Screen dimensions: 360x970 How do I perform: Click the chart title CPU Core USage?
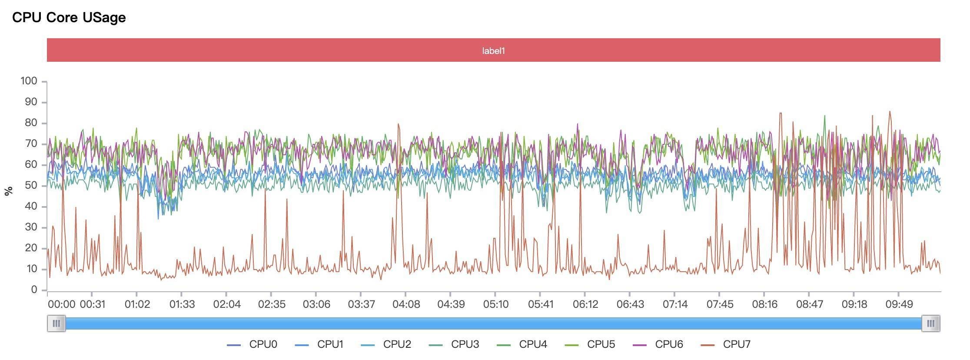[69, 17]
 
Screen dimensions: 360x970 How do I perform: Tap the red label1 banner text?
[493, 50]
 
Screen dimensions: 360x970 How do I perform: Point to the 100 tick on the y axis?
[29, 81]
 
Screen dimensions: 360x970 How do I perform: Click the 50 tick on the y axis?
[31, 186]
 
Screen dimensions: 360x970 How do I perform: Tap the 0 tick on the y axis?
[34, 290]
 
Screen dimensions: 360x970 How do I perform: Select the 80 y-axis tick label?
[31, 123]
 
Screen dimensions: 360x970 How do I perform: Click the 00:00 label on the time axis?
[61, 304]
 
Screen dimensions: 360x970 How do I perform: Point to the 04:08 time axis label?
[406, 304]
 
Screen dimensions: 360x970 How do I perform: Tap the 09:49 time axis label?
[899, 304]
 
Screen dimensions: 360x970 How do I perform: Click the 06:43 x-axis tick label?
[630, 304]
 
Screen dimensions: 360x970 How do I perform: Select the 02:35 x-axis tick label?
[272, 304]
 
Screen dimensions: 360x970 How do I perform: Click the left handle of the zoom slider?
[56, 323]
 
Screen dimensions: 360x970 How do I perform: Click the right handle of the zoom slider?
[931, 323]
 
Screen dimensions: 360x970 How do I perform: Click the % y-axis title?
[8, 190]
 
